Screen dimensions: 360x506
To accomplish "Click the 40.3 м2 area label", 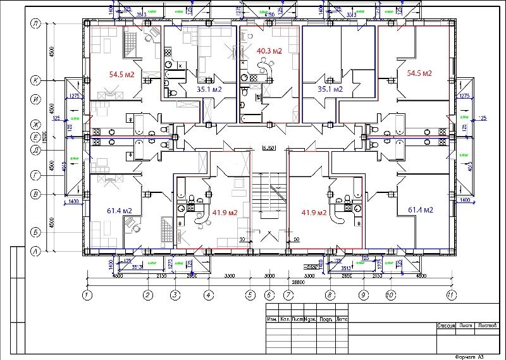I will (x=269, y=51).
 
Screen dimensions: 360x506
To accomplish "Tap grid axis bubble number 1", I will (x=87, y=295).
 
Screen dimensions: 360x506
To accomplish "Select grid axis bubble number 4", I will (x=208, y=295).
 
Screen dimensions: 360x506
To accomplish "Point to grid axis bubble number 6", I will (x=269, y=295).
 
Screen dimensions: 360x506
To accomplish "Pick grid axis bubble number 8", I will (x=330, y=295).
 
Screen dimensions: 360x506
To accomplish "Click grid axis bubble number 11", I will (x=450, y=295).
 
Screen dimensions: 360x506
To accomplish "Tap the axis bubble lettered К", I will (x=36, y=80).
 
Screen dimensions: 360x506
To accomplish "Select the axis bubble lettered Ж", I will (x=36, y=124).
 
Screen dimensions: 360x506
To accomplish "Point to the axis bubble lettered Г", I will (x=36, y=172).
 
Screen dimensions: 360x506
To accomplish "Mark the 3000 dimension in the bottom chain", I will (x=269, y=276).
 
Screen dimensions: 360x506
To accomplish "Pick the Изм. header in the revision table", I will (x=273, y=319).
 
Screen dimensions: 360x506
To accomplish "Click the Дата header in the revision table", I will (x=342, y=319).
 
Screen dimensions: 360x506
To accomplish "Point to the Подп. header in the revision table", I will (x=326, y=319).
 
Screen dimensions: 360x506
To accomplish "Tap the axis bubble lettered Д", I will (x=36, y=150).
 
